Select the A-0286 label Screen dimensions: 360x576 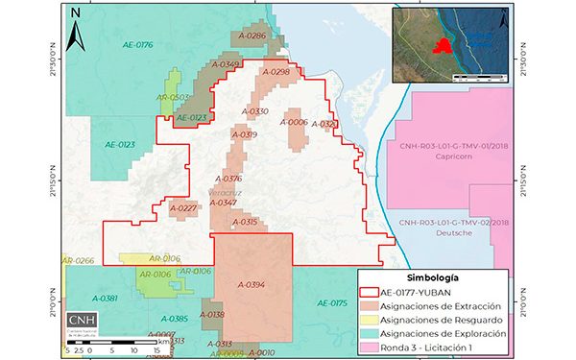click(250, 36)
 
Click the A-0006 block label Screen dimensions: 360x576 click(294, 122)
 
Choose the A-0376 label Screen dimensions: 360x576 click(228, 179)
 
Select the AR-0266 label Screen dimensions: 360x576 click(78, 261)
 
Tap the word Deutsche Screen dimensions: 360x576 click(454, 233)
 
